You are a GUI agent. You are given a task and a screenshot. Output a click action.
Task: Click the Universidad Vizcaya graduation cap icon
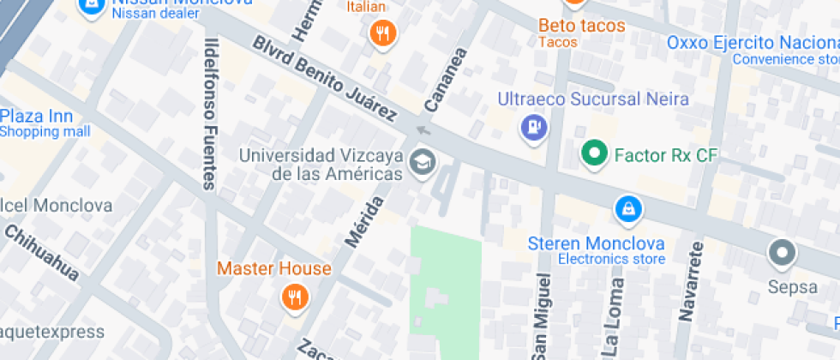(x=422, y=161)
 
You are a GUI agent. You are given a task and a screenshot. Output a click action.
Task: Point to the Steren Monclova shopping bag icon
(x=628, y=208)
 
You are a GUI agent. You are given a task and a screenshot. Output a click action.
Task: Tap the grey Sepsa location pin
(x=782, y=254)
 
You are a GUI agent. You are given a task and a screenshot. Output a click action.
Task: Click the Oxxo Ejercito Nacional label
(x=753, y=43)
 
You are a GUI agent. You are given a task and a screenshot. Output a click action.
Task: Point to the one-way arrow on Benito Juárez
(x=422, y=130)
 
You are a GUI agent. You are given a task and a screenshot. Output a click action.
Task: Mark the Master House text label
(x=273, y=268)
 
